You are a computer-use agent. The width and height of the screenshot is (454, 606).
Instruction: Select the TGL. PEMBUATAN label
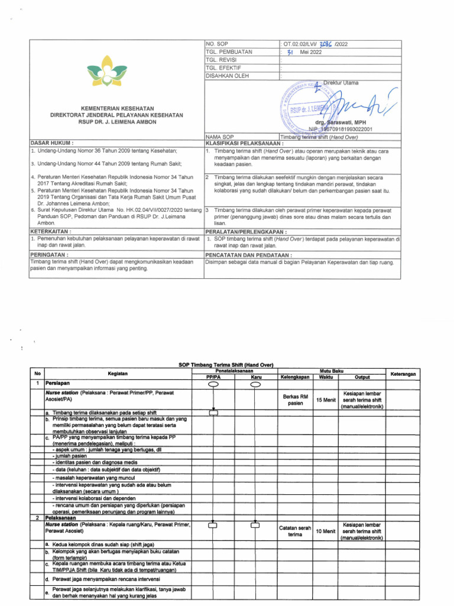coord(228,52)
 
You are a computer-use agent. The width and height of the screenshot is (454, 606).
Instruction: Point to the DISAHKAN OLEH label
coord(228,76)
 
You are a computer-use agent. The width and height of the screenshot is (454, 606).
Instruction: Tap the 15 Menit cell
coord(326,400)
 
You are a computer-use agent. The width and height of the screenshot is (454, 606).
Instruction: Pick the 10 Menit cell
coord(326,531)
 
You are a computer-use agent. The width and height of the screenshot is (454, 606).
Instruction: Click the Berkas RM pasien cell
coord(295,400)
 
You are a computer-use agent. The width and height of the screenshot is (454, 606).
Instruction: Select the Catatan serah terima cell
coord(295,530)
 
